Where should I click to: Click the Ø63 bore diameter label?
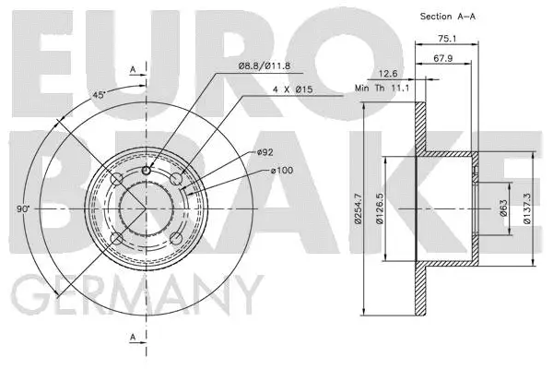(x=503, y=209)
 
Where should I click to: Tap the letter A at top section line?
(x=132, y=68)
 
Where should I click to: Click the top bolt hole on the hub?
(x=147, y=170)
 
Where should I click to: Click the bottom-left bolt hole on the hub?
(x=116, y=241)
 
